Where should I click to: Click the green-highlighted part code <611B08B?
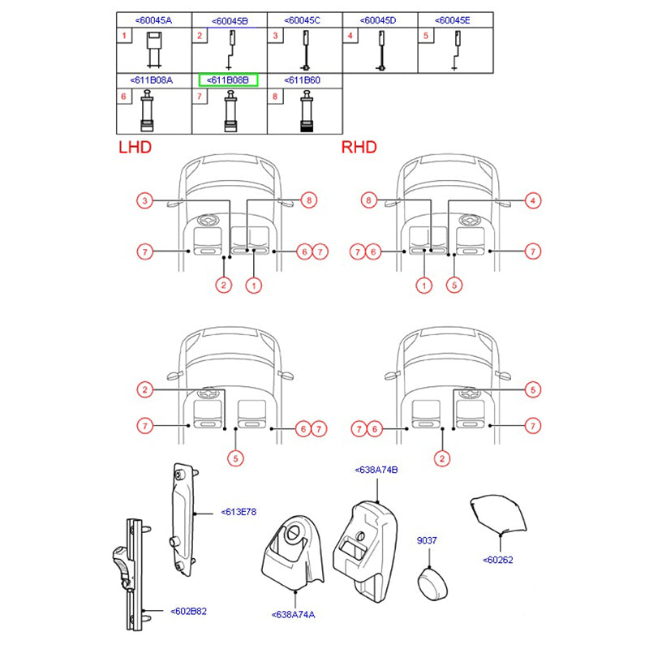228,80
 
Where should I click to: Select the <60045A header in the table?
153,20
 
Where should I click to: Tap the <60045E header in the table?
453,20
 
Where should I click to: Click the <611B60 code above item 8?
302,80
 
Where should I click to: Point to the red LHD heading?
135,148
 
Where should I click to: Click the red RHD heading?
359,148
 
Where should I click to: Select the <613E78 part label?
239,512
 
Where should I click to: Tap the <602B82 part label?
189,612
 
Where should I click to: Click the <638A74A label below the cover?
294,615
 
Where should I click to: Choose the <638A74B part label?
376,470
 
